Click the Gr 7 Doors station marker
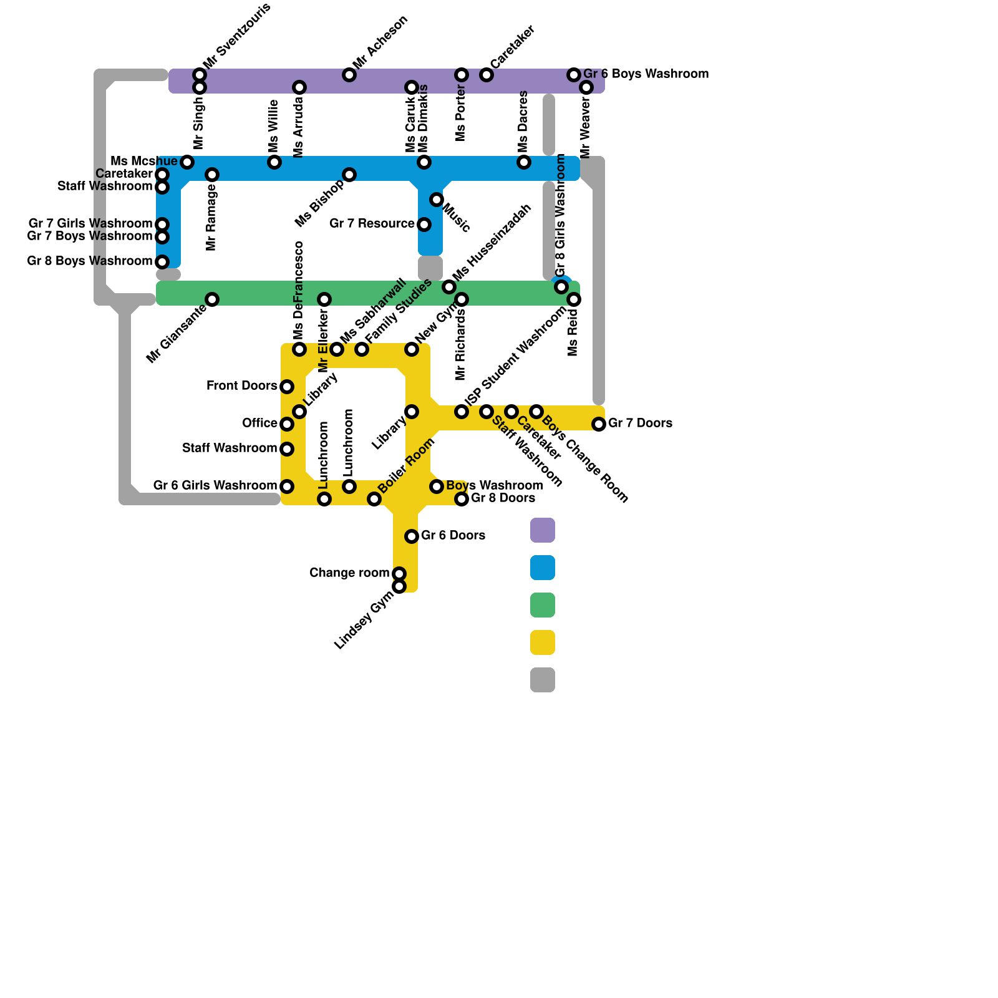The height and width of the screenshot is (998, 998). pos(599,424)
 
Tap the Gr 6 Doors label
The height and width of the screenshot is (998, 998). pos(453,536)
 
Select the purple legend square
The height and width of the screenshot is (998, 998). pos(542,530)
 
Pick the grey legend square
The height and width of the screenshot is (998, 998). pos(542,680)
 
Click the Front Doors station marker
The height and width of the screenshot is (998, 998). pos(287,387)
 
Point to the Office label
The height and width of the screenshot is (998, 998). pos(259,424)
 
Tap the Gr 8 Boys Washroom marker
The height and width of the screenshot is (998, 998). pos(162,262)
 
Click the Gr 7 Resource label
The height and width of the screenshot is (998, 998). pos(372,224)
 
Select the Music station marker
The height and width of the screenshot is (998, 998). pos(437,200)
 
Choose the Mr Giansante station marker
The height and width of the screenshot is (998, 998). pos(212,299)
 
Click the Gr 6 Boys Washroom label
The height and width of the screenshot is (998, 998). pos(646,74)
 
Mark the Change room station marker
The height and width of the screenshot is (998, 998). pos(399,574)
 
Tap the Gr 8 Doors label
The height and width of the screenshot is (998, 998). pos(503,498)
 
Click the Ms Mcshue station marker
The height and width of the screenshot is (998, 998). pos(187,162)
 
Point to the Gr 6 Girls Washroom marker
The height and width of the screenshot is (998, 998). pos(287,487)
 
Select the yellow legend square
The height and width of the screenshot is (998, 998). pos(542,642)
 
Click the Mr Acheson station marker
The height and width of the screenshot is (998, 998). pos(349,75)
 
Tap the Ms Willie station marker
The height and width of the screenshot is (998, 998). pos(274,162)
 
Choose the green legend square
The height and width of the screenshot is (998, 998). pos(542,605)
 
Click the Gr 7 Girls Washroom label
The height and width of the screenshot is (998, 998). pos(90,224)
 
